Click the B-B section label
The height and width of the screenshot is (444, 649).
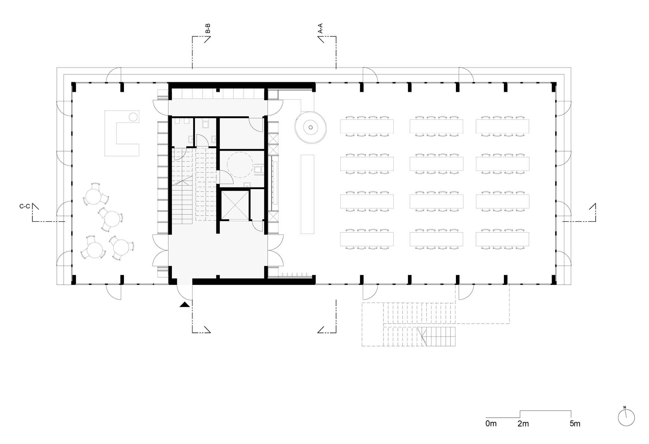(208, 28)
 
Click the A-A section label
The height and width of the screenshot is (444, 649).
(320, 28)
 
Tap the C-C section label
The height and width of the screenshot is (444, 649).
(25, 206)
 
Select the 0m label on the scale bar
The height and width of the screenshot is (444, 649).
(491, 423)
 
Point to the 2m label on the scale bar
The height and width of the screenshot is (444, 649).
(523, 423)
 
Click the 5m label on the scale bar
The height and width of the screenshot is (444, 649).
(575, 423)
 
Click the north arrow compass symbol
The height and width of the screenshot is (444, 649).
(626, 417)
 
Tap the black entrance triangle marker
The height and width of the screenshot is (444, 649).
(185, 304)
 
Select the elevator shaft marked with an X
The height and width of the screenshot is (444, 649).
(235, 205)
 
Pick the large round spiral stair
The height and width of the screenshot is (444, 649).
(311, 127)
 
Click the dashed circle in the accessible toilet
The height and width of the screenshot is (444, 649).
(240, 165)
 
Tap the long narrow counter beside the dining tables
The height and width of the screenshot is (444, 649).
(307, 194)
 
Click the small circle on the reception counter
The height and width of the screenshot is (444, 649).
(133, 117)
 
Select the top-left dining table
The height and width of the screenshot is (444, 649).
(367, 126)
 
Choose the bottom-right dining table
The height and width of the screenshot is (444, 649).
(502, 239)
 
